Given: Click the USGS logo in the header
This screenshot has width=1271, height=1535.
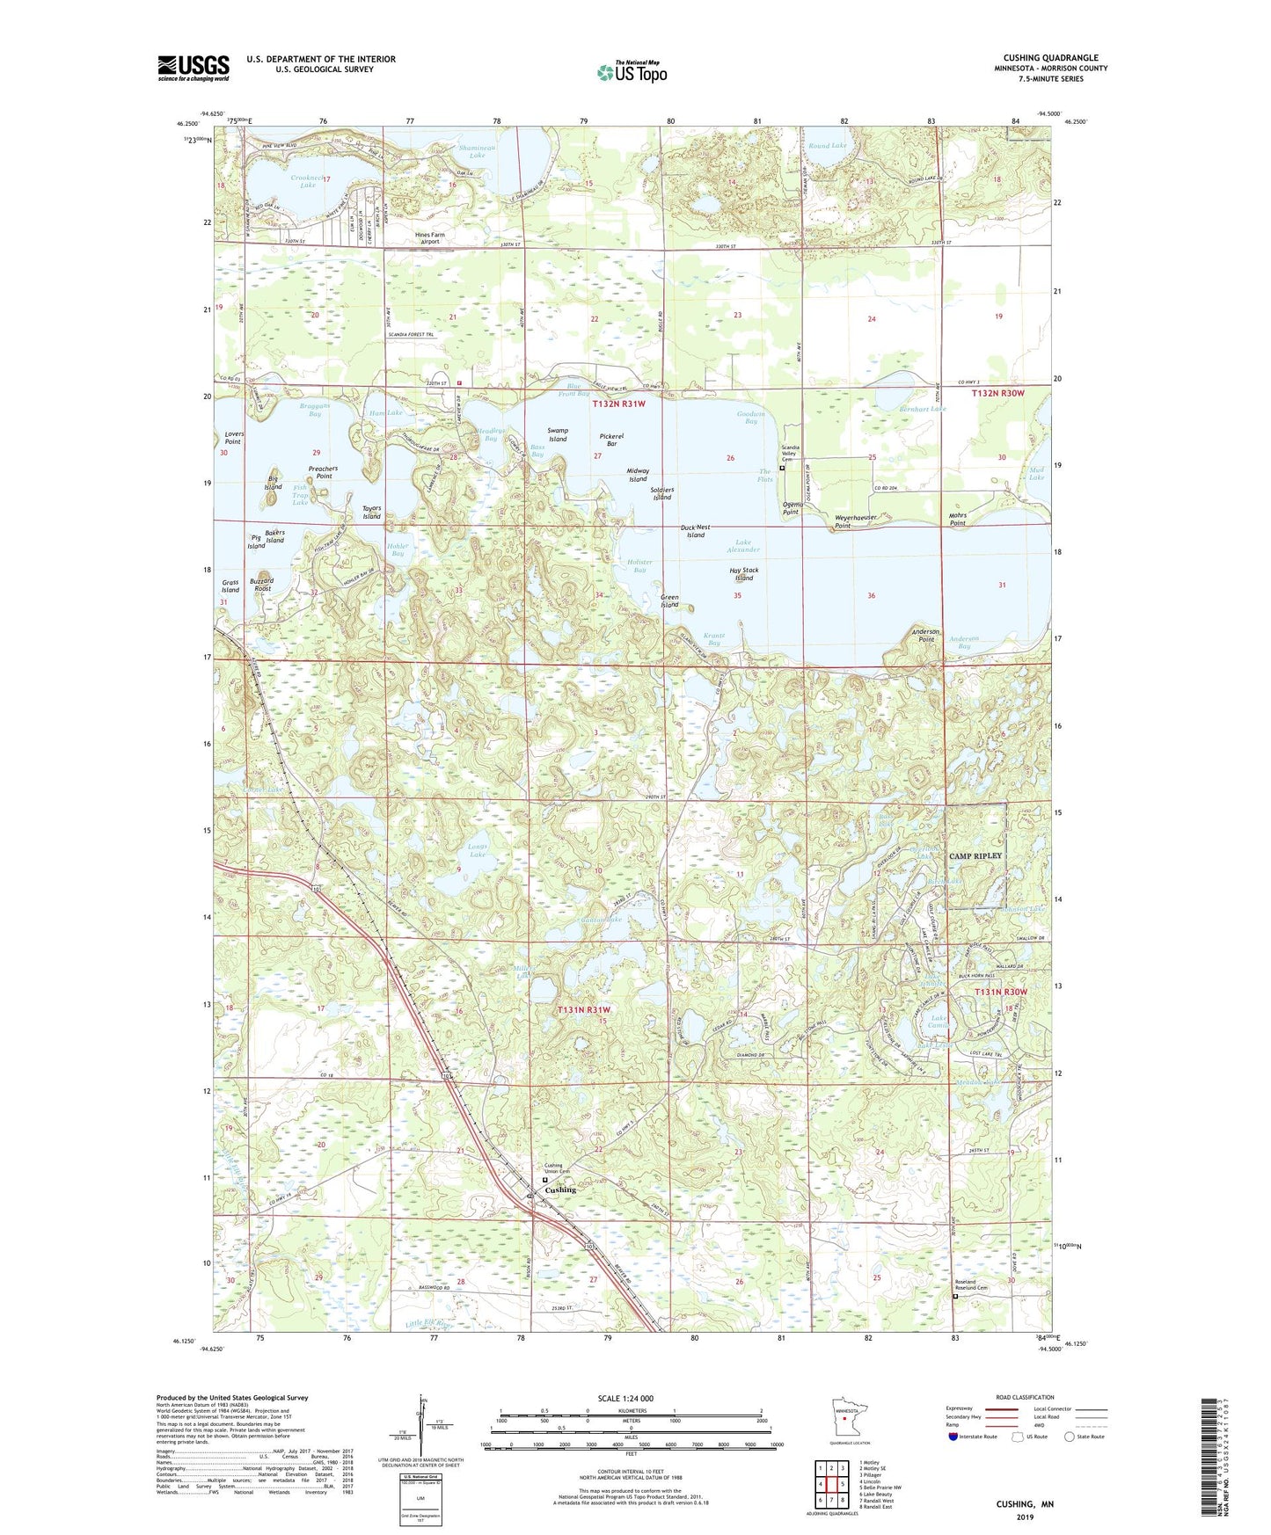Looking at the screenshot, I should pyautogui.click(x=194, y=68).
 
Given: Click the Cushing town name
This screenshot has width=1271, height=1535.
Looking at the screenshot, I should pyautogui.click(x=561, y=1190).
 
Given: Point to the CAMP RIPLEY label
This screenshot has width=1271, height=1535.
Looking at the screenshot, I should pyautogui.click(x=975, y=855).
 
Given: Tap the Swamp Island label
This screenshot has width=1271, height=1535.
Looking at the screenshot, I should pyautogui.click(x=558, y=434).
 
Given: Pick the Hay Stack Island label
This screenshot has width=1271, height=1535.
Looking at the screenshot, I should pyautogui.click(x=744, y=574).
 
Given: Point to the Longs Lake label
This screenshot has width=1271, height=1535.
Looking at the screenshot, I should pyautogui.click(x=478, y=850).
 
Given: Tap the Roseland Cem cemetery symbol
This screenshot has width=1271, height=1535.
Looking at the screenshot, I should pyautogui.click(x=956, y=1296).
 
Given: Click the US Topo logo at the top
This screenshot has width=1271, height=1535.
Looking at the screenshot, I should pyautogui.click(x=632, y=71).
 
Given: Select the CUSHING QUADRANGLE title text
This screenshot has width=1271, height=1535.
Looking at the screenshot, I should pyautogui.click(x=1050, y=58).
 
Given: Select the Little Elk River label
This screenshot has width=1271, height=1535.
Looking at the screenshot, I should pyautogui.click(x=429, y=1325).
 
